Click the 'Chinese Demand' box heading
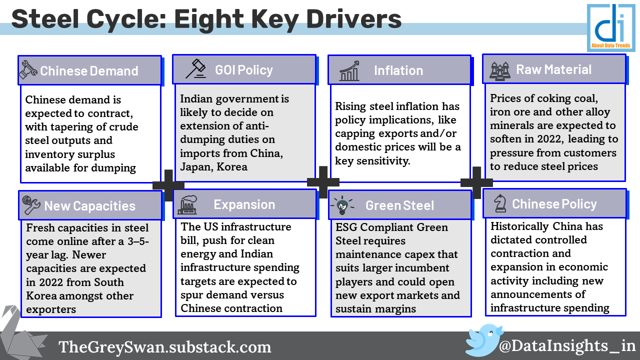pos(89,71)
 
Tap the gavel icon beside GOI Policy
pos(195,69)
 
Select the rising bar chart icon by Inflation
pos(349,70)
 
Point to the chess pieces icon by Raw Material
pos(500,70)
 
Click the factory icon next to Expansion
pos(187,204)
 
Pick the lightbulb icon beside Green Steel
pos(342,205)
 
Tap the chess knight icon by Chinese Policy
pos(500,203)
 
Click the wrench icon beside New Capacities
pos(31,205)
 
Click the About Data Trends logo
pos(611,27)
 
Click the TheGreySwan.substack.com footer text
pos(165,347)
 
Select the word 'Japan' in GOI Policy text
pos(196,167)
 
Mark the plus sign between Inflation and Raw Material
pos(476,182)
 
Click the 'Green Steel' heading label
pos(399,205)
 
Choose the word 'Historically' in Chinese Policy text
pos(519,226)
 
